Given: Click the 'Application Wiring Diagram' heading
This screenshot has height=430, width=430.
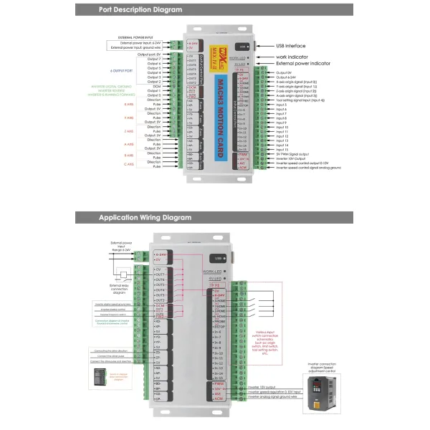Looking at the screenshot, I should click(x=145, y=217).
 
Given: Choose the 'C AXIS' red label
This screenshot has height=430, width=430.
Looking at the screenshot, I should click(x=130, y=164).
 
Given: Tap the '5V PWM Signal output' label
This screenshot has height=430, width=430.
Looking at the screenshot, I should click(x=293, y=154).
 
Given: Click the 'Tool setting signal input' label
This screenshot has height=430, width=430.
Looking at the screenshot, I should click(x=297, y=100).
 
